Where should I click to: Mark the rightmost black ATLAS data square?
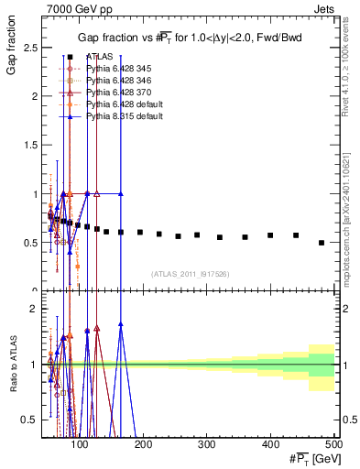pos(321,243)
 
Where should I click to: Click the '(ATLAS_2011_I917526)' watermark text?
pos(191,274)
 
